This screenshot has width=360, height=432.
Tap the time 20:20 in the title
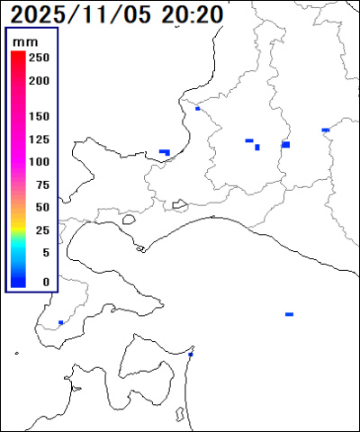tap(193, 14)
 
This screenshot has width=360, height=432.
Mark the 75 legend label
tap(41, 184)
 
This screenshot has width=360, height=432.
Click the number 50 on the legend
tap(41, 207)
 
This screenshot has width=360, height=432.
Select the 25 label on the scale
tap(41, 230)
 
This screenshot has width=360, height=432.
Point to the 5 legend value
tap(45, 253)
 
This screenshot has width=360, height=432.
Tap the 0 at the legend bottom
tap(45, 282)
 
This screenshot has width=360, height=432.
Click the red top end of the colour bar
tap(17, 56)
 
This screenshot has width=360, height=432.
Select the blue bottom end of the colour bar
tap(17, 283)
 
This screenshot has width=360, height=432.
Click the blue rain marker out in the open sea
tap(289, 314)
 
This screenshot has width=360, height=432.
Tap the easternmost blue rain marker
tap(325, 130)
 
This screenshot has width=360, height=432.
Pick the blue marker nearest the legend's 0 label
tap(60, 322)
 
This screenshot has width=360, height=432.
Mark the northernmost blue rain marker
tap(197, 108)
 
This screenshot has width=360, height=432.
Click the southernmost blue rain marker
tap(190, 355)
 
